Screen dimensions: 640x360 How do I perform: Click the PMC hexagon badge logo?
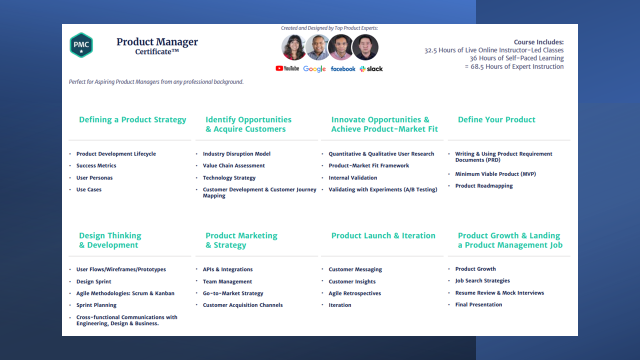(x=81, y=45)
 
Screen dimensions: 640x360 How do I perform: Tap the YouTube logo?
(x=287, y=68)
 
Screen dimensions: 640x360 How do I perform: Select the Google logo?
(x=314, y=69)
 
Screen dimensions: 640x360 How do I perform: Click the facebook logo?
(x=343, y=69)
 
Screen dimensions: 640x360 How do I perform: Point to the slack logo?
(x=371, y=69)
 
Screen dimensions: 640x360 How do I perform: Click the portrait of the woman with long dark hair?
(x=293, y=47)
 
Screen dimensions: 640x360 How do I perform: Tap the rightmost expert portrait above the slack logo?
(x=365, y=47)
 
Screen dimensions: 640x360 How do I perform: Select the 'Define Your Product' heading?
(x=496, y=119)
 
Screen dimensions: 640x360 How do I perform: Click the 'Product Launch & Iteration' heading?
(x=383, y=235)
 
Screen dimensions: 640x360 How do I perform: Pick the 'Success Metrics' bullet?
(x=96, y=165)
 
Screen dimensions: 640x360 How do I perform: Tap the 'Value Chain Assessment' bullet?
(x=233, y=165)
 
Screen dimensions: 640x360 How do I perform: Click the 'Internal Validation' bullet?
(x=352, y=177)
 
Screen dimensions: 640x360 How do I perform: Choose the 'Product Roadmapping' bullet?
(x=484, y=185)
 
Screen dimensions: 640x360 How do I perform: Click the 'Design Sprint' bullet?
(x=93, y=281)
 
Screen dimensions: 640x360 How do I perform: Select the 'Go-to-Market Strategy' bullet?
(x=233, y=293)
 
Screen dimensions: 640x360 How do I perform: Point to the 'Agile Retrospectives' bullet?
(x=354, y=293)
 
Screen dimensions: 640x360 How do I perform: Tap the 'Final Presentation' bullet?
(x=478, y=304)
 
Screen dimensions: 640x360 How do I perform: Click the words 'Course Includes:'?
(x=538, y=42)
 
